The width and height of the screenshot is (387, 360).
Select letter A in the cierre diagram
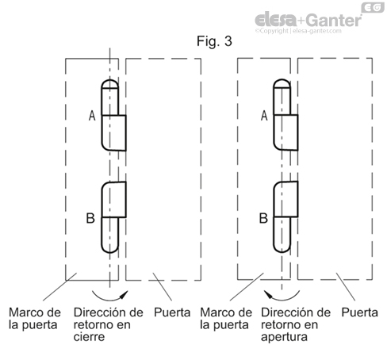tap(92, 117)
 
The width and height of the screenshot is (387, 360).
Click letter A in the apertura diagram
tap(263, 117)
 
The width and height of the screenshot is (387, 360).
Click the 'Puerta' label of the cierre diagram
tap(173, 312)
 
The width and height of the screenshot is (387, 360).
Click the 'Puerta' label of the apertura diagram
tap(359, 312)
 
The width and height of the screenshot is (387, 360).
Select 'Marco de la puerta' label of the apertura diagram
tap(228, 318)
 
